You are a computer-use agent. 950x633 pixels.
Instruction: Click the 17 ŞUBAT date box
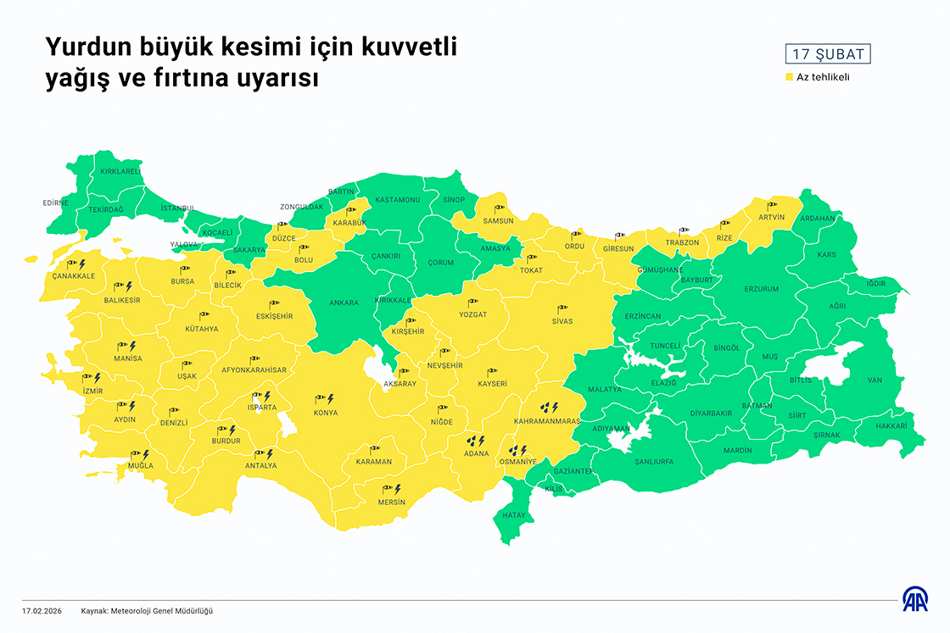coord(828,54)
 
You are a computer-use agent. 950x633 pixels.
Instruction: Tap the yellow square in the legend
coord(789,77)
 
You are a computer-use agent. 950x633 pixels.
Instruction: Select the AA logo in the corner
coord(914,599)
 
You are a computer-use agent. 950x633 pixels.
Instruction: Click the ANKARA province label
coord(344,303)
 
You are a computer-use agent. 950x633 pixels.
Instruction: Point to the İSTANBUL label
coord(177,208)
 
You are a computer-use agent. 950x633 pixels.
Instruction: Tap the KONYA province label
coord(326,413)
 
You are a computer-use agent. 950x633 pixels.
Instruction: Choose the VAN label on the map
coord(875,380)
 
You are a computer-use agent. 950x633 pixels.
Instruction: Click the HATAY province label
coord(515,515)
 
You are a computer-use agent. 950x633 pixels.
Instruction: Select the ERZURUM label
coord(761,289)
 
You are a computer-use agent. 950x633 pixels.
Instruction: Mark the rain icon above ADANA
coord(475,441)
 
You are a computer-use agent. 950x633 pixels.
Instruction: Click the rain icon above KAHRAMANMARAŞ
coord(550,408)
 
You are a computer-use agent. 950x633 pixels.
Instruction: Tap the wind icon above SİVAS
coord(562,308)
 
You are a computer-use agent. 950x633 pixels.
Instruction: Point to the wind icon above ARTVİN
coord(772,204)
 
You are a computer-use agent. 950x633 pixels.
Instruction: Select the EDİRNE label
coord(55,203)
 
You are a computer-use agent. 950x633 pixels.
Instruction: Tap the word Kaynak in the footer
coord(95,610)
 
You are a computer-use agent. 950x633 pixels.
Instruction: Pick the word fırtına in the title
coord(182,79)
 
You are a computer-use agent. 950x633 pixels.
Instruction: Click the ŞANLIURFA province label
coord(653,462)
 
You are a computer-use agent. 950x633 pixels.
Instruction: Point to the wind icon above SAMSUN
coord(499,207)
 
